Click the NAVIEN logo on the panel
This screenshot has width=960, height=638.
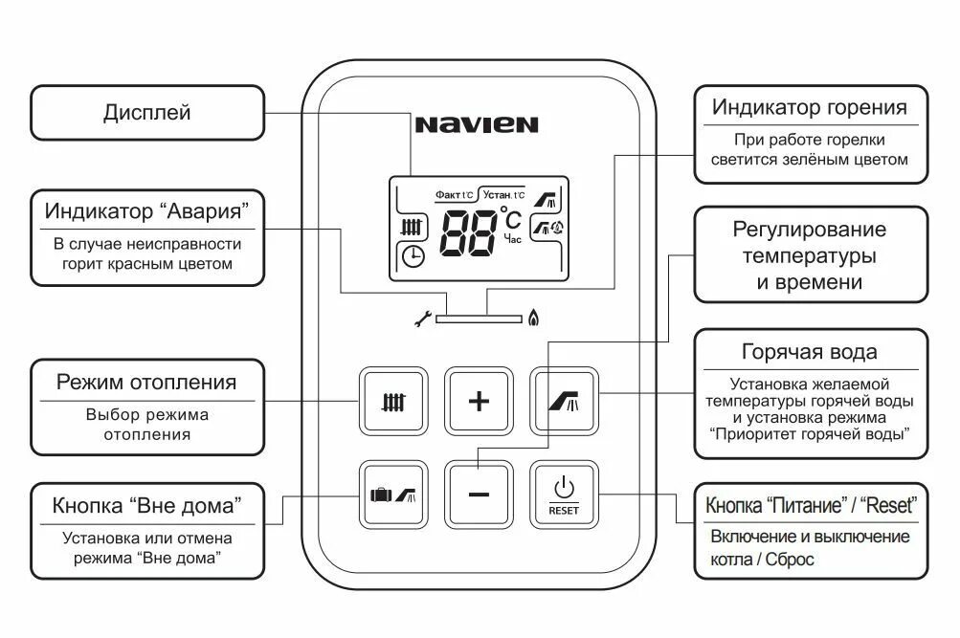(477, 124)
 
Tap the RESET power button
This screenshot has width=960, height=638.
(564, 495)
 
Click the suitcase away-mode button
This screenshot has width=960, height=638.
(392, 495)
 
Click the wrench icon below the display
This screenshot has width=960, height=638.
(421, 319)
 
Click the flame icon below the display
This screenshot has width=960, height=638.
(532, 318)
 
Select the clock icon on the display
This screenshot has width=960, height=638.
(413, 256)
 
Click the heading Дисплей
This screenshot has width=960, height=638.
(146, 113)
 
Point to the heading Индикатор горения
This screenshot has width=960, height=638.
(809, 106)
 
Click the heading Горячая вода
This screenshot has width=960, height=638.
(809, 351)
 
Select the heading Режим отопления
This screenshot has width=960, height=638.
(146, 383)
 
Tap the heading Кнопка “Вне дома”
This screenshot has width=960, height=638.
(146, 504)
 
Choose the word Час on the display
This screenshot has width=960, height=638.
(513, 239)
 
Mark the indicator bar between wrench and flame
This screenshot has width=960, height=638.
(476, 319)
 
